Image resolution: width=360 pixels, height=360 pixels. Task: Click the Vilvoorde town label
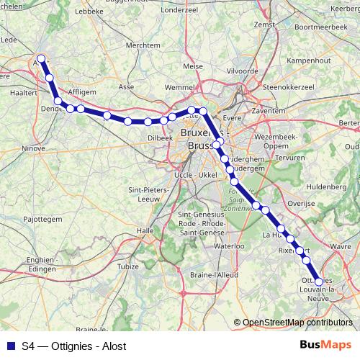point(243,72)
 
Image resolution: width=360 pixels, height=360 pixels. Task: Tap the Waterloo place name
point(230,246)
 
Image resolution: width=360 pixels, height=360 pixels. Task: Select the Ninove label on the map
point(34,149)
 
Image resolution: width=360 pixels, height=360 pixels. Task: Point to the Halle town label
point(146,230)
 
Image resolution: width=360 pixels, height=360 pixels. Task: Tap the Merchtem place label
point(143,45)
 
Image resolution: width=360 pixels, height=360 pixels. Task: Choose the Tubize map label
point(128,266)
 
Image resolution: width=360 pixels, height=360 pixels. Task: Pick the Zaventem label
point(269,112)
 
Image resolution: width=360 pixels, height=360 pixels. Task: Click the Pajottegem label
point(42,217)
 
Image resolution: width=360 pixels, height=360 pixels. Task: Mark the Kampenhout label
point(307,62)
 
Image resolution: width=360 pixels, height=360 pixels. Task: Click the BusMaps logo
point(325,346)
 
